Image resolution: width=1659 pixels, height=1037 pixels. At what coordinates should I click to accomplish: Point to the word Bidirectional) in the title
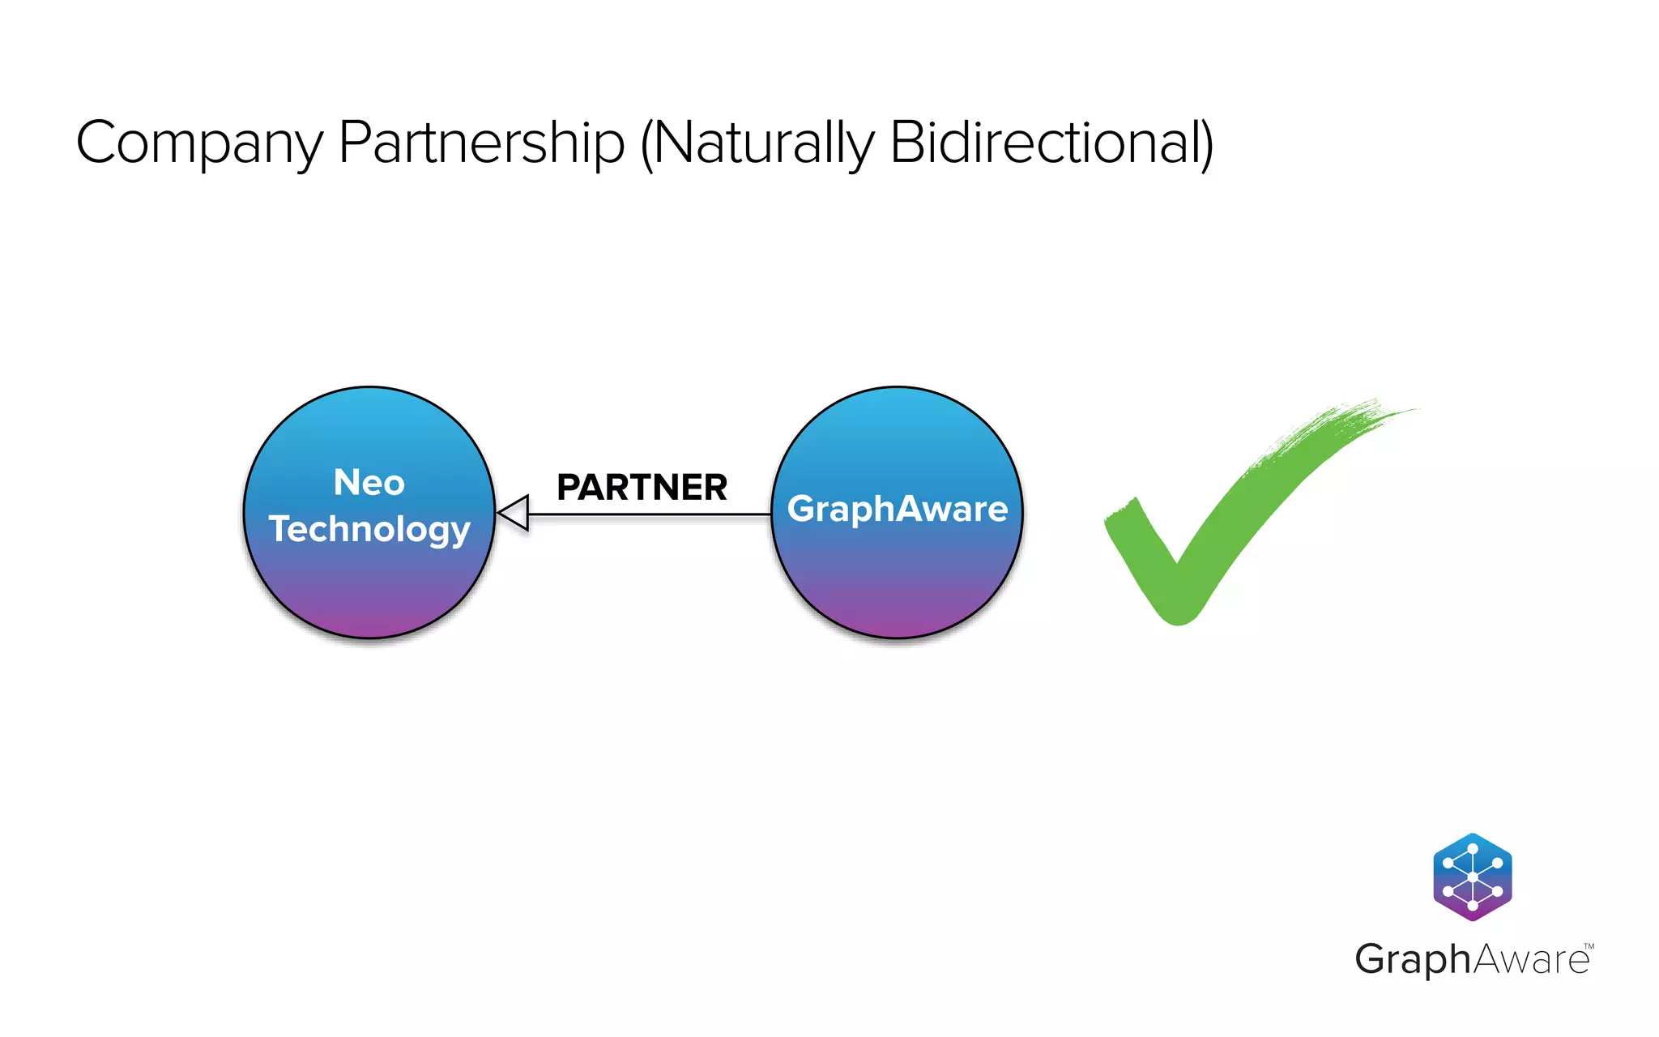tap(1051, 143)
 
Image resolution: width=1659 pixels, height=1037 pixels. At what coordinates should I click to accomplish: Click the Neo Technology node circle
tap(369, 583)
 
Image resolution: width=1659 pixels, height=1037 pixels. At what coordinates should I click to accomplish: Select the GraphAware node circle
tap(897, 583)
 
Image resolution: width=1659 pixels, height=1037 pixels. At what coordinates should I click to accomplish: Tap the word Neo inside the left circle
tap(369, 483)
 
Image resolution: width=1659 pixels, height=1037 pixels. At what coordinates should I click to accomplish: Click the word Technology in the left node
tap(369, 529)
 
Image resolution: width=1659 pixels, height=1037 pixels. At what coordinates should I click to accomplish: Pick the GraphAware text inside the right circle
tap(897, 509)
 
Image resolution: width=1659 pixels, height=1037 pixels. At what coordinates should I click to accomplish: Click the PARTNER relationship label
tap(642, 488)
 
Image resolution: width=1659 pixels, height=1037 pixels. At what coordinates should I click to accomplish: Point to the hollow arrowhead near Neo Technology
tap(514, 513)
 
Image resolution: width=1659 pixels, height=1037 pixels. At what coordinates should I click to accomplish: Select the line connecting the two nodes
tap(648, 514)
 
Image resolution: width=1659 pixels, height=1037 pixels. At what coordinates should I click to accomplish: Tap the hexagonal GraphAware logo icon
tap(1472, 877)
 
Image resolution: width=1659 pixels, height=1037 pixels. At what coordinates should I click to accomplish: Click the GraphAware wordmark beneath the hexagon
tap(1471, 960)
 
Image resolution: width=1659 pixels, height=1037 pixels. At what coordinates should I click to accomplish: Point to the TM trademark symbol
tap(1589, 946)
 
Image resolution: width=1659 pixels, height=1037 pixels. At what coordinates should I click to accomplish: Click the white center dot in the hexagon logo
tap(1472, 877)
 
